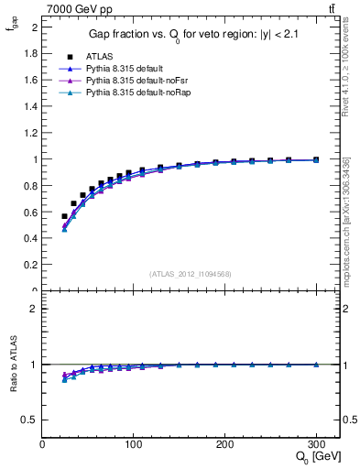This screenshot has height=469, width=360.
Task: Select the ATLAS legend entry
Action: tap(99, 56)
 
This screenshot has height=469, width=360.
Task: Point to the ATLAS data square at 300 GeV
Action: tap(316, 159)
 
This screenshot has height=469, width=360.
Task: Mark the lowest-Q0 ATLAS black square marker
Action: tap(64, 216)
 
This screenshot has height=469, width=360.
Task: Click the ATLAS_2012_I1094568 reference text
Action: tap(191, 274)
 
